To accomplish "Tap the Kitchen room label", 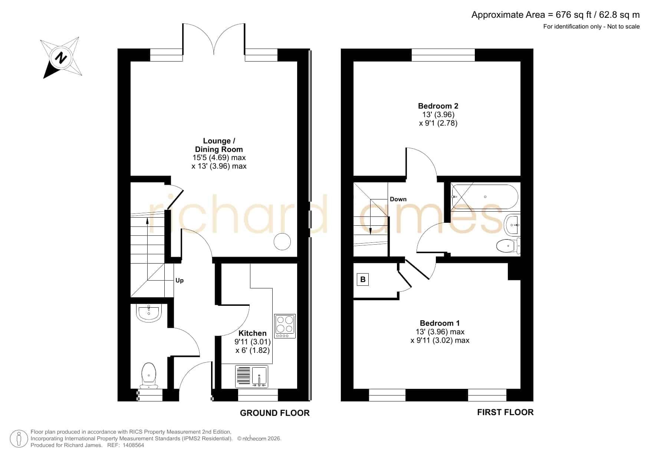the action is pos(252,333).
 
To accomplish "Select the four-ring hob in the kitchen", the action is pos(285,326).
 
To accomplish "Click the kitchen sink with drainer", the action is pos(251,377).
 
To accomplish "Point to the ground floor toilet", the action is pos(149,375).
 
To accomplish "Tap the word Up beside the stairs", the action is pos(180,280).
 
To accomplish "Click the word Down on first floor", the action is pos(398,199).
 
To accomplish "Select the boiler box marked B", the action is pos(363,279).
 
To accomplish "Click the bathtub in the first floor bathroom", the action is pos(484,197).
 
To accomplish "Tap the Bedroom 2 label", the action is pos(438,106).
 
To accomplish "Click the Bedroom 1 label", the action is pos(440,323).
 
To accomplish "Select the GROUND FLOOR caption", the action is pos(274,413).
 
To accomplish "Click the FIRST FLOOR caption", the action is pos(505,412).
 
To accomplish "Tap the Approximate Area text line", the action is pos(555,15).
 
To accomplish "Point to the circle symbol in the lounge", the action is pos(282,242).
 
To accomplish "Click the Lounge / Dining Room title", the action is pos(219,145).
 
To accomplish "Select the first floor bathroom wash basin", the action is pos(512,225).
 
